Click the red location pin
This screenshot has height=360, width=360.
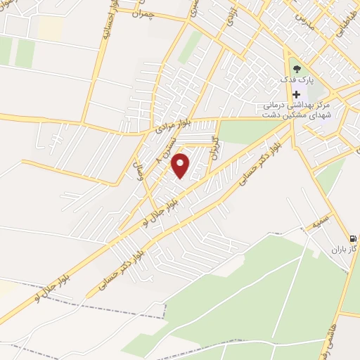point(181,166)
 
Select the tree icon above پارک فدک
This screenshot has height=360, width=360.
point(297,69)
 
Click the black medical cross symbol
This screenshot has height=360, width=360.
point(297,95)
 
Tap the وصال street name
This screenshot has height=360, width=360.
point(139,167)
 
